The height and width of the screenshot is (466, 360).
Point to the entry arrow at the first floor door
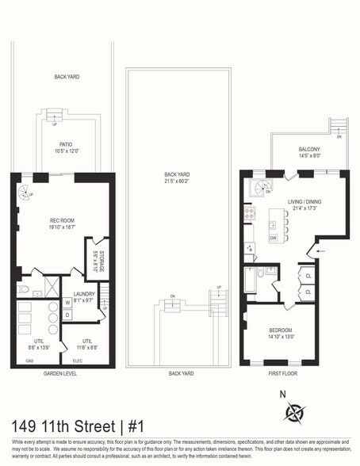[320, 252]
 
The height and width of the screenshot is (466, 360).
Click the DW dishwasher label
[273, 238]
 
